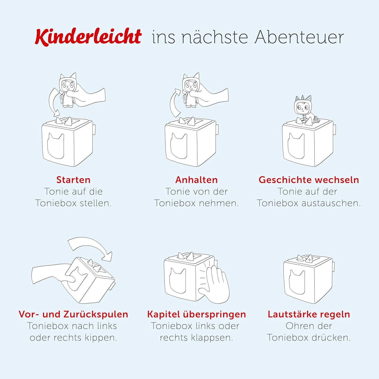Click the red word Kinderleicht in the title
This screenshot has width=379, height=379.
(88, 37)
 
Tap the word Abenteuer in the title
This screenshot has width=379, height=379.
(299, 37)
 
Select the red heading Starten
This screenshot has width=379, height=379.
(73, 180)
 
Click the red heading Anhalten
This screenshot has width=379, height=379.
(196, 180)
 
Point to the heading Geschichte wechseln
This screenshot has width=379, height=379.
(309, 180)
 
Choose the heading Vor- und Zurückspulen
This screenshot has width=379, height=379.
(73, 314)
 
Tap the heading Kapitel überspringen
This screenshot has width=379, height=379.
(196, 314)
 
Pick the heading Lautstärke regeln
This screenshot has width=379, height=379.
(309, 314)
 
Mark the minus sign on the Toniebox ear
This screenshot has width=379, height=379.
(300, 259)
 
